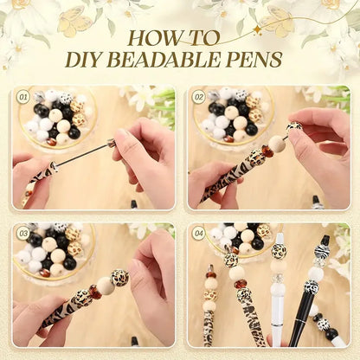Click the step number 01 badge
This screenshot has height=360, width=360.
[x=23, y=97]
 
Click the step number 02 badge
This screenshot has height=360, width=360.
[x=198, y=97]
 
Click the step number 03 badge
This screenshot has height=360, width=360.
[x=23, y=233]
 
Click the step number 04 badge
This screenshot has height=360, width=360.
[x=198, y=233]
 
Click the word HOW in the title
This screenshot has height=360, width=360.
[x=153, y=38]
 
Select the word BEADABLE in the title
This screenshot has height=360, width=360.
[x=174, y=59]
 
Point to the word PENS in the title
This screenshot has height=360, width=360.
[x=256, y=59]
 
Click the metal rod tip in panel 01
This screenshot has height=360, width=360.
[x=111, y=142]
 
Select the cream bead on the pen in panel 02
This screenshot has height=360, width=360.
[x=276, y=144]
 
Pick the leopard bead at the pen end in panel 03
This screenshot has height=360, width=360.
[x=119, y=278]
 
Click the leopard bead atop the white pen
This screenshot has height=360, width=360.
[x=280, y=251]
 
